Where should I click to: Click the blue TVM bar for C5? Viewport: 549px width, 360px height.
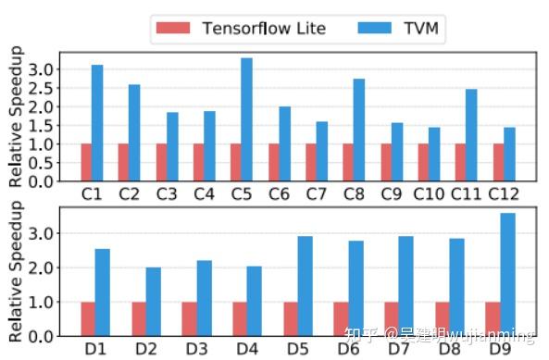246,119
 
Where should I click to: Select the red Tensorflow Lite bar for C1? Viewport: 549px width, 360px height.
86,162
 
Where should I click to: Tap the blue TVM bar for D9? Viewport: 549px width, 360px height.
507,274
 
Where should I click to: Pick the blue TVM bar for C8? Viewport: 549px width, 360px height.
359,130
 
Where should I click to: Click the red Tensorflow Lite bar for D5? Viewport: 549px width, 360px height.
291,317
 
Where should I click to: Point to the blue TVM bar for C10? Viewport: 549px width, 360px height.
434,154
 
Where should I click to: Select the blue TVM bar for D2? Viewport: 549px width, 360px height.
153,301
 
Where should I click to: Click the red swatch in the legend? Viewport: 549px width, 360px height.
173,28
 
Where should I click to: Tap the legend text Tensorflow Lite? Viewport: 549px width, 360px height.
264,28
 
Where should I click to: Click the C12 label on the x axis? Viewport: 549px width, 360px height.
504,194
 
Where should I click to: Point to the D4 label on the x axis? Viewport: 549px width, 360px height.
247,349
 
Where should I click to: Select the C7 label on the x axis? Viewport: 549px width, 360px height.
316,194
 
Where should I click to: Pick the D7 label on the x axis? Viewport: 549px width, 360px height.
399,349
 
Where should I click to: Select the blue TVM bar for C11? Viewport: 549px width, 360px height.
471,135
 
